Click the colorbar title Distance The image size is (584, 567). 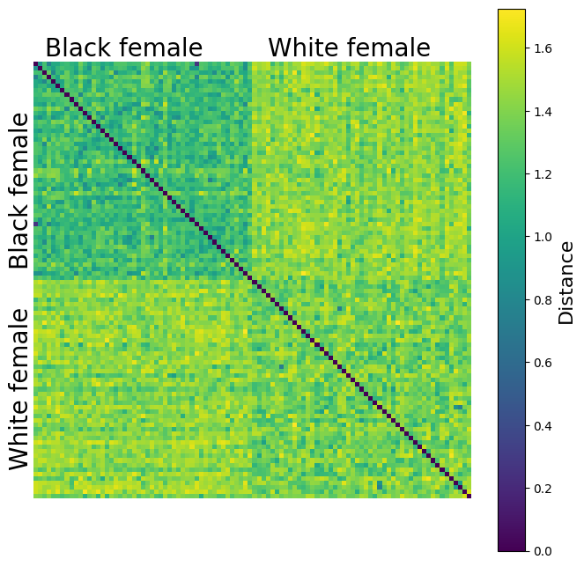click(x=566, y=280)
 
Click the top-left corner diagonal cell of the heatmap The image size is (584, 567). click(x=36, y=64)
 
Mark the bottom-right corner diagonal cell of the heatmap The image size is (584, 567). click(x=469, y=497)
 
